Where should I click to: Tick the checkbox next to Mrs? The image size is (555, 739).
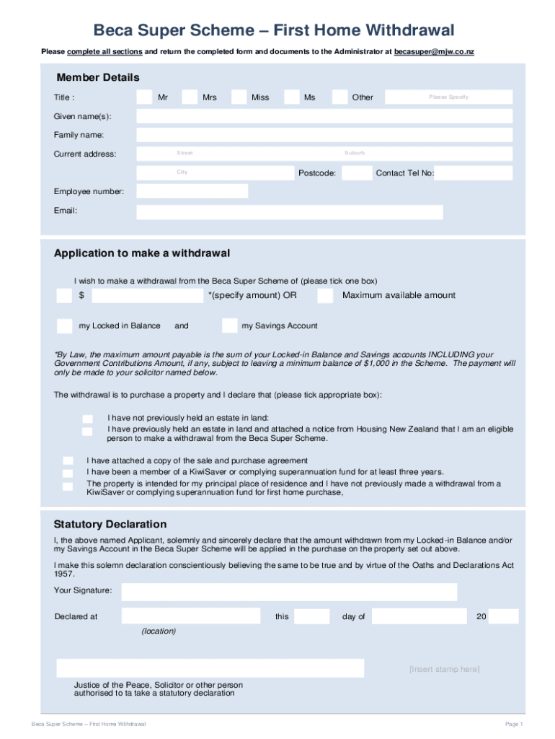point(190,97)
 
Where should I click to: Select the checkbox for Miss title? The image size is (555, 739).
point(239,97)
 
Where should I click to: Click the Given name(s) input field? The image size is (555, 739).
point(324,116)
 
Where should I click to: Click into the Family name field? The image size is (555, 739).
point(324,135)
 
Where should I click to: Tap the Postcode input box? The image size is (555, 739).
point(357,173)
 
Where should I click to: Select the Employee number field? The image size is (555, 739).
point(192,191)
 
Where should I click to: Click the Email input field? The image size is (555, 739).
point(290,211)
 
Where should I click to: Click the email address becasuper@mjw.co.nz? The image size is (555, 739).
point(434,52)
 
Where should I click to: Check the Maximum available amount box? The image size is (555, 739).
point(325,296)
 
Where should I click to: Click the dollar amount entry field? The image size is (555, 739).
point(148,296)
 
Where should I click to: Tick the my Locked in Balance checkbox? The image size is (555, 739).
point(65,325)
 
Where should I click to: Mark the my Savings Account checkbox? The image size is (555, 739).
point(229,325)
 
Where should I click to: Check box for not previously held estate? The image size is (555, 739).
point(87,419)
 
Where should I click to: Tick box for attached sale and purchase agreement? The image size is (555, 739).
point(68,460)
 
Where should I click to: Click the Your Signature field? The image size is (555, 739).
point(289,592)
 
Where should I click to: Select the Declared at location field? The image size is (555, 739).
point(191,616)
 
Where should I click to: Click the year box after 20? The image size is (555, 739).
point(503,616)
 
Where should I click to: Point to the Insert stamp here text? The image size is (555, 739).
point(444,669)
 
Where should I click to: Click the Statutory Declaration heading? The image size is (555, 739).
point(110,524)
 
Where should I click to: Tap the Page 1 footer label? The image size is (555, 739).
point(514,724)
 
